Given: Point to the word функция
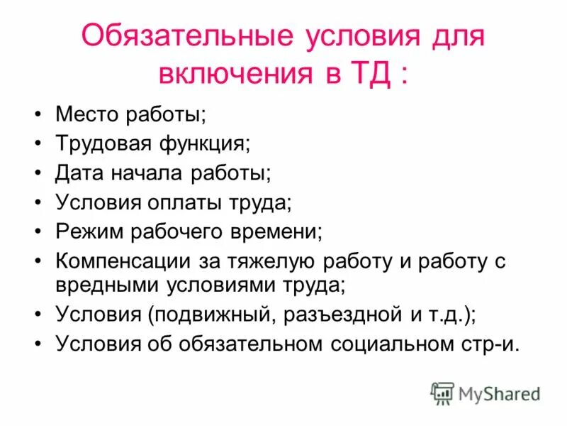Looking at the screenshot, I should coord(212,143).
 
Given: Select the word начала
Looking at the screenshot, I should coord(145,173).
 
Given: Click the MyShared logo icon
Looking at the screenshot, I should coord(442,393).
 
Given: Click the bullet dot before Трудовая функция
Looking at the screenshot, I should coord(38,143).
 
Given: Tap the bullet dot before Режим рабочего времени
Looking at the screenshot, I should coord(38,231).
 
